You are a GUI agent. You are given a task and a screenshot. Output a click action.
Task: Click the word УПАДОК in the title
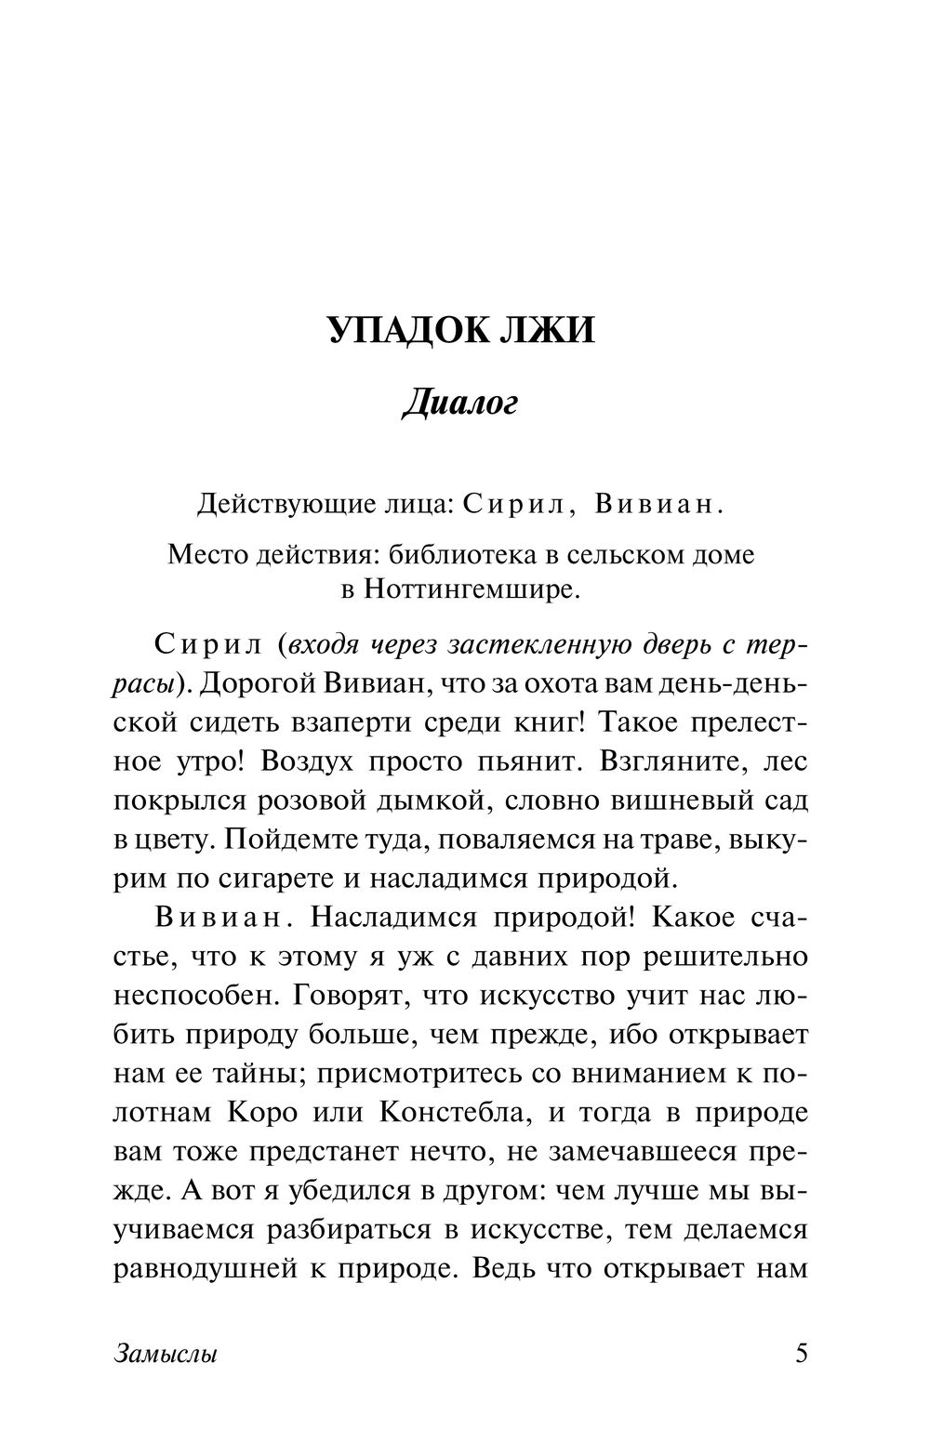click(401, 331)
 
